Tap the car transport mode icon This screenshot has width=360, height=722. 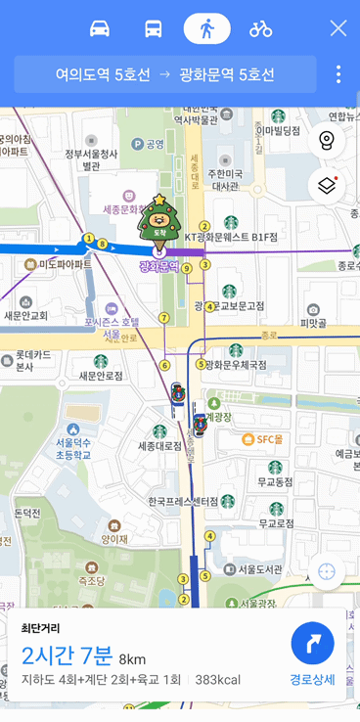click(100, 28)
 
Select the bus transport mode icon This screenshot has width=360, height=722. click(154, 28)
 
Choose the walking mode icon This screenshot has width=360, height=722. click(206, 28)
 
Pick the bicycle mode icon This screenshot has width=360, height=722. click(260, 28)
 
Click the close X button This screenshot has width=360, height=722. click(338, 28)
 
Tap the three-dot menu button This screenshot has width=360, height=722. click(338, 74)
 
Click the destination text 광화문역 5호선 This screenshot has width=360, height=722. click(228, 74)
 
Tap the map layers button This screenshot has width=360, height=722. click(327, 185)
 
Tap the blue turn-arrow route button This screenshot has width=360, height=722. click(313, 644)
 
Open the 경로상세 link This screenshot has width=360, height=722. click(313, 679)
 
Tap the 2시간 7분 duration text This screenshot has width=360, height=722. click(67, 654)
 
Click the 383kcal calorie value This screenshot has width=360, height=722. click(218, 679)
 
